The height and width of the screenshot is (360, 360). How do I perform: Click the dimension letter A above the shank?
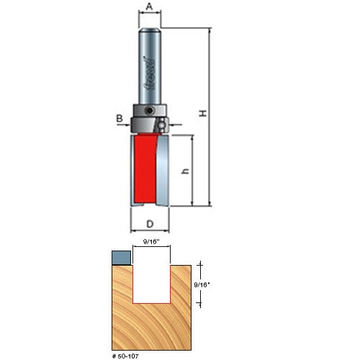[x=149, y=6]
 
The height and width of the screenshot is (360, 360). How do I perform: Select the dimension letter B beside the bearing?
[x=120, y=118]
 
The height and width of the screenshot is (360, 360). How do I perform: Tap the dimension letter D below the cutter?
[x=150, y=224]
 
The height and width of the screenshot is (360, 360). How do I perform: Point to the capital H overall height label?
[x=203, y=113]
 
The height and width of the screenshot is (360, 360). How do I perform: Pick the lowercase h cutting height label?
[x=186, y=171]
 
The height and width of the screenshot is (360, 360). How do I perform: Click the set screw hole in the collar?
[x=149, y=110]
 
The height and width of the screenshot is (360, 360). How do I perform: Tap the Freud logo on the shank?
[x=150, y=73]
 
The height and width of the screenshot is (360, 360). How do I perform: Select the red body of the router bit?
[x=145, y=168]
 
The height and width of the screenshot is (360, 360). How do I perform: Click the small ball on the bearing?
[x=161, y=125]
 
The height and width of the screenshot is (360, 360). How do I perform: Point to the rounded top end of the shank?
[x=150, y=30]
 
